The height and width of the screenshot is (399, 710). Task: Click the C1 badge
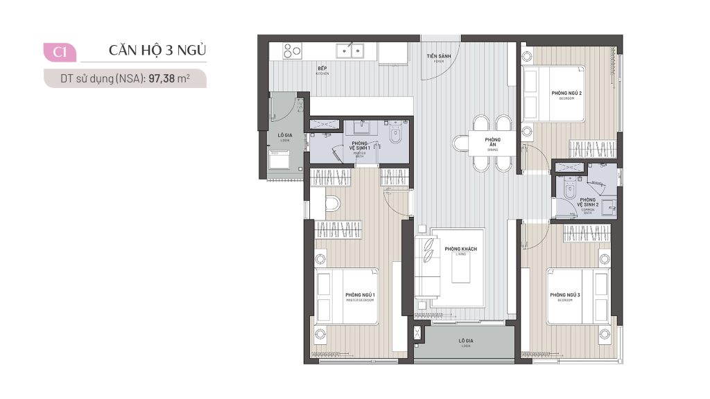click(59, 51)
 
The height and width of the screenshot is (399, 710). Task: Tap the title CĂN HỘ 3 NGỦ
click(157, 51)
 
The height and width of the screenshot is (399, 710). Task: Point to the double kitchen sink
click(350, 50)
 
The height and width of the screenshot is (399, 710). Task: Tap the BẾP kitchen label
click(322, 70)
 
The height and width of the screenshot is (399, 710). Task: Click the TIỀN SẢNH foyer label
click(438, 55)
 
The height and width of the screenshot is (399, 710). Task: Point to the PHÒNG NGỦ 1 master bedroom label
click(360, 296)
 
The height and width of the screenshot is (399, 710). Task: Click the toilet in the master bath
click(396, 136)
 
